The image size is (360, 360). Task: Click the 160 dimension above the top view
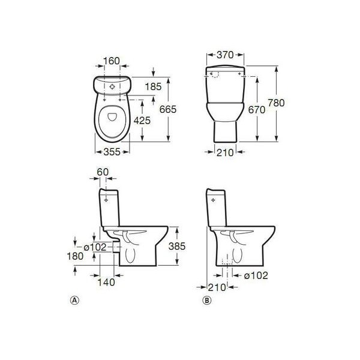click(112, 61)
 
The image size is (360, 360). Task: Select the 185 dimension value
click(154, 87)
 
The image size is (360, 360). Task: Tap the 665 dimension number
click(168, 109)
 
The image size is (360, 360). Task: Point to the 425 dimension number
click(142, 121)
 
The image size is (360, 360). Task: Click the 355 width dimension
click(112, 152)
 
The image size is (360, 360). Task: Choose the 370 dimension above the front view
click(225, 55)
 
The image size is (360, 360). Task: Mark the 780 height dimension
click(277, 103)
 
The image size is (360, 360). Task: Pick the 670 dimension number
click(257, 110)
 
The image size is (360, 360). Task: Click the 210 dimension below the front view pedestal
click(225, 152)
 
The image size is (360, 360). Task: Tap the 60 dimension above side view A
click(103, 172)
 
